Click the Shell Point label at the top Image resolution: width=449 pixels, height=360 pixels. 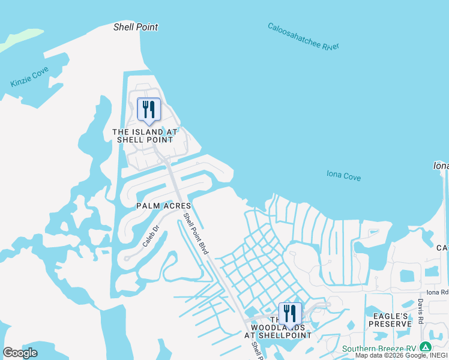(x=136, y=27)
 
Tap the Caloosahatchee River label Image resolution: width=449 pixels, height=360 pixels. (x=303, y=37)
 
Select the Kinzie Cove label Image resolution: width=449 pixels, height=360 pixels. (x=29, y=77)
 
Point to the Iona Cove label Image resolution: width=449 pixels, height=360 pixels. (x=343, y=175)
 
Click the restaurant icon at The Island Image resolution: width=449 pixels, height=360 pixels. (x=148, y=110)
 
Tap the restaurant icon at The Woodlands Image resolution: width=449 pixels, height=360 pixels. (x=290, y=313)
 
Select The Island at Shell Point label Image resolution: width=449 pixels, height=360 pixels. (x=146, y=136)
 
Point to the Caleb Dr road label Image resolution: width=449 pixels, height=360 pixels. (x=150, y=236)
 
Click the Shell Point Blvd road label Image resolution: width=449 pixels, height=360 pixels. (x=196, y=233)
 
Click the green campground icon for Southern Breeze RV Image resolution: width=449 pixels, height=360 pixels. (x=426, y=347)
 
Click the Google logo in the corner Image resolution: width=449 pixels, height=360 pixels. (x=20, y=353)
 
